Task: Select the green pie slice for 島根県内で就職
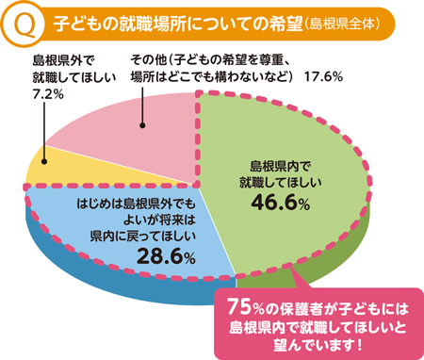(x=311, y=217)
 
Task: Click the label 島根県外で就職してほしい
(x=57, y=72)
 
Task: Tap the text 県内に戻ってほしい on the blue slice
(x=144, y=237)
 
